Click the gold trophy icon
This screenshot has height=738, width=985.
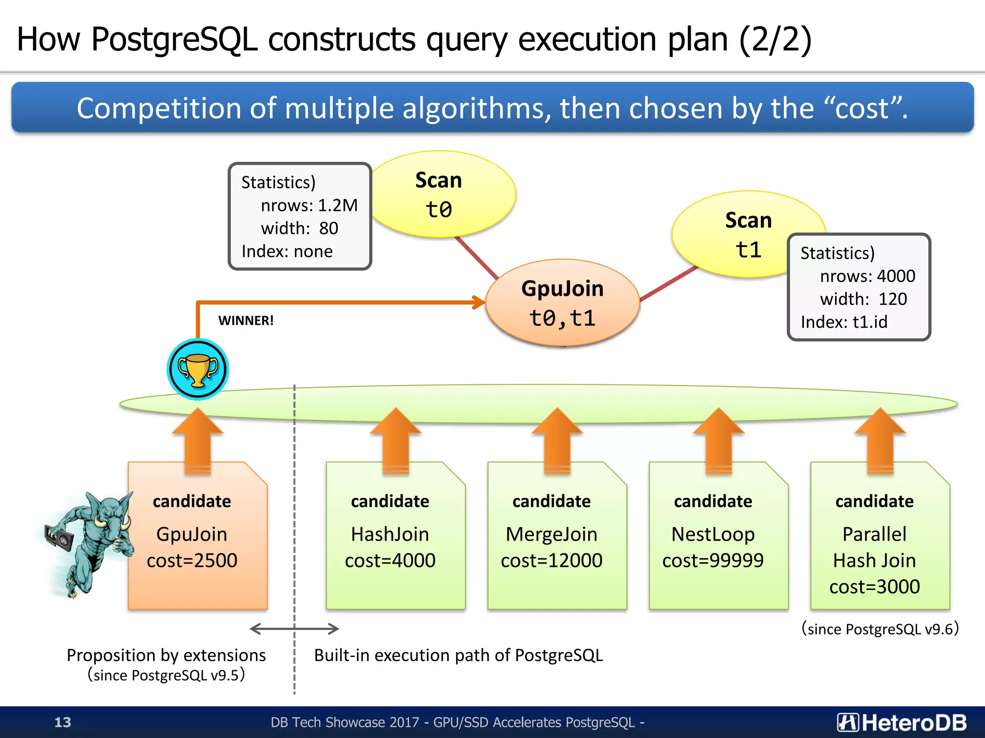198,369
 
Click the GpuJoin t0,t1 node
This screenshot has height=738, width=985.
562,303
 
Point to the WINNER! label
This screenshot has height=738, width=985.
246,320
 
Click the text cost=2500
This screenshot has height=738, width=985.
192,561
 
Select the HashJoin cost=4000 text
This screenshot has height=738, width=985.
390,548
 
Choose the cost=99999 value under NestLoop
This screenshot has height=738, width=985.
713,561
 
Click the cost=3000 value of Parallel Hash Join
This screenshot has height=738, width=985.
874,587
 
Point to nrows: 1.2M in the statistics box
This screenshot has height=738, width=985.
309,206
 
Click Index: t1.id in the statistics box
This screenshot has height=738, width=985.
844,322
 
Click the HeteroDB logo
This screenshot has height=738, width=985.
902,722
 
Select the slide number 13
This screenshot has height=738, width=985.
63,722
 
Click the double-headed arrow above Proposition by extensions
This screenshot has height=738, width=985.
294,628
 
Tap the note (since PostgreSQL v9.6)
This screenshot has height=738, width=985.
880,629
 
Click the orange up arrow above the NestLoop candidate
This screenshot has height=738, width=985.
719,440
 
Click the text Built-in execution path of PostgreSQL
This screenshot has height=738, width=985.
458,655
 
